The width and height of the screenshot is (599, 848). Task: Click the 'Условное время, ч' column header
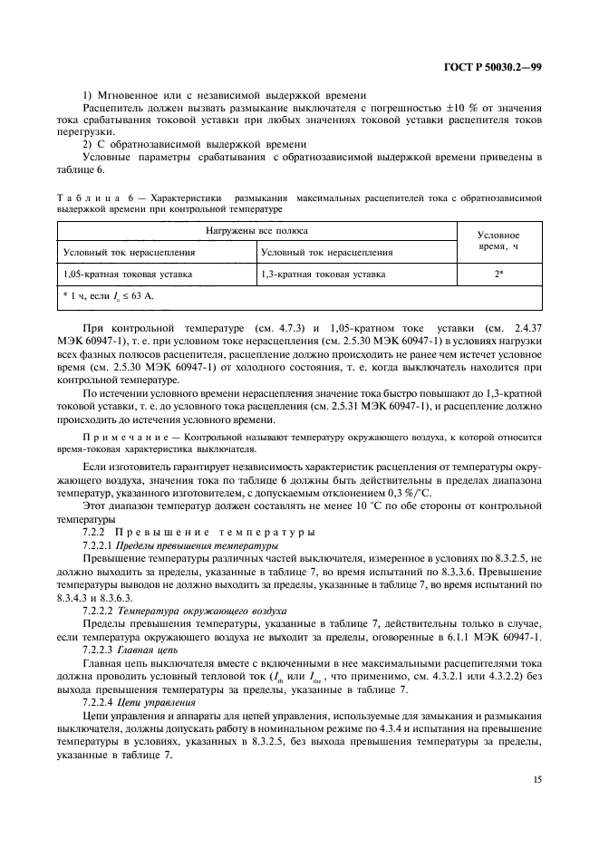(x=498, y=239)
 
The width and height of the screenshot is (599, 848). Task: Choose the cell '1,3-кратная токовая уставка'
(x=323, y=272)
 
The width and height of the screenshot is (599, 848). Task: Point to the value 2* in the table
(x=498, y=272)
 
